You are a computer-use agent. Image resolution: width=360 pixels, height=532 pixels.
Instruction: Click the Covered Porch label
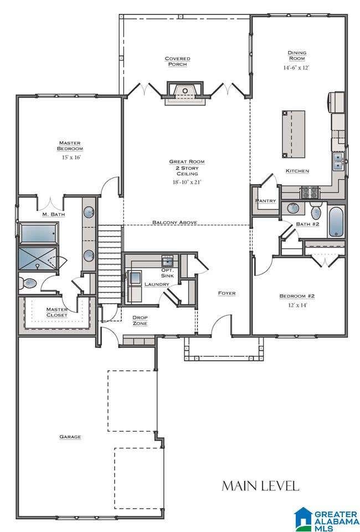[177, 62]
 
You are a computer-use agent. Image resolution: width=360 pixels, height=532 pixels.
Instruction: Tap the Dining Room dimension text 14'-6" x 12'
[296, 68]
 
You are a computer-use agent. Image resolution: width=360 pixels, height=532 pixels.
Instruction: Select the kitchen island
[293, 134]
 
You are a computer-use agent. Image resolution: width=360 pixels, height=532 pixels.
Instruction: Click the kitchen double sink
[338, 161]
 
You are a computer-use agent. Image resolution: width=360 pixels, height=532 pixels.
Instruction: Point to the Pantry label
[265, 201]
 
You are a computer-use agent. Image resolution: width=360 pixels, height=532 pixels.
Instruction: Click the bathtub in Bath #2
[336, 222]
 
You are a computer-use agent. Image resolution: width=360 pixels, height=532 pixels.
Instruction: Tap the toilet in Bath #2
[316, 211]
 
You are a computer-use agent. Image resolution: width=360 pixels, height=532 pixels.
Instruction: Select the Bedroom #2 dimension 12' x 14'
[297, 305]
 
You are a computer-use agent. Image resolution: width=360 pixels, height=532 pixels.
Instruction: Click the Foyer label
[227, 293]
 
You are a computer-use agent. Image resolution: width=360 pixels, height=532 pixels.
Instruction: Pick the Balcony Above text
[174, 222]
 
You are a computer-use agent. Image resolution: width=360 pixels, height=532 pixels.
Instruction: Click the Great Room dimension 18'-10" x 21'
[187, 182]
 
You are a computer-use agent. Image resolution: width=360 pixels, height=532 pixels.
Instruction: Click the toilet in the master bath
[27, 282]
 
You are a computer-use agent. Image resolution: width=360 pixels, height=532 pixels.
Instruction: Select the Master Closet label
[57, 312]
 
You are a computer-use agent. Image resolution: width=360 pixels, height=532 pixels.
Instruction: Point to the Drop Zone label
[140, 321]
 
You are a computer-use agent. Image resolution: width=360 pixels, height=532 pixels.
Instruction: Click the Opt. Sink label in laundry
[167, 273]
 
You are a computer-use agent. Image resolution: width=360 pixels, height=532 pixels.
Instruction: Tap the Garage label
[70, 437]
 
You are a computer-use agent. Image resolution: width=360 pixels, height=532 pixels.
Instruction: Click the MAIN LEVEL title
[260, 486]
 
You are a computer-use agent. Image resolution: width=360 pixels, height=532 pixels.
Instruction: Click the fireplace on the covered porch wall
[185, 93]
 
